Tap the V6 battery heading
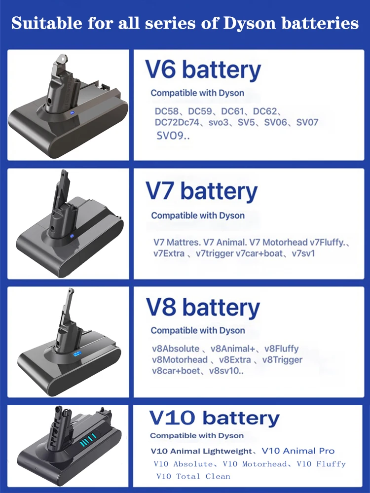click(203, 70)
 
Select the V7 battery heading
click(201, 191)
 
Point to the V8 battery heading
click(203, 308)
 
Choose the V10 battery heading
click(215, 419)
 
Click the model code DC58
click(166, 111)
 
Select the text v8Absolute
click(176, 349)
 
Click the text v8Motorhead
click(180, 359)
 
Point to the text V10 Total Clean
click(193, 476)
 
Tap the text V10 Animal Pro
click(298, 451)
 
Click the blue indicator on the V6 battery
click(73, 112)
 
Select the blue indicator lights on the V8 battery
click(76, 354)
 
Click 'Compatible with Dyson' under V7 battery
click(198, 215)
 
